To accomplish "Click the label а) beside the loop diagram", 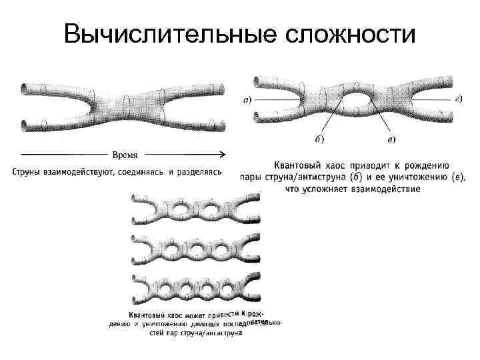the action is (246, 100).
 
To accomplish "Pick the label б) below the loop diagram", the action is (319, 139).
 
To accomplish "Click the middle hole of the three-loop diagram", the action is (197, 251).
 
